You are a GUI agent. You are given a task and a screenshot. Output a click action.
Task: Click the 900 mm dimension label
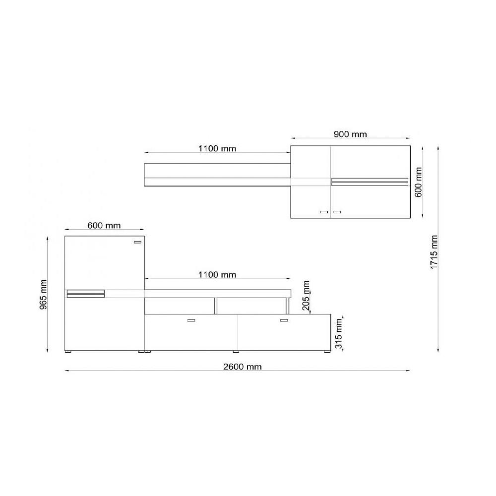(350, 134)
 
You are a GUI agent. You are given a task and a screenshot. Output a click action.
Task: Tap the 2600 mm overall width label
(243, 367)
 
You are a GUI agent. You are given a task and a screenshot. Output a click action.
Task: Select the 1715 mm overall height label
(434, 252)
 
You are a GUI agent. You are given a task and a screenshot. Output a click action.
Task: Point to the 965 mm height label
(43, 295)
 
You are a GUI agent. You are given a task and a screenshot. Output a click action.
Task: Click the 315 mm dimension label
(339, 334)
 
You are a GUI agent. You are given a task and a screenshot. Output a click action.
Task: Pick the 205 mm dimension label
(306, 296)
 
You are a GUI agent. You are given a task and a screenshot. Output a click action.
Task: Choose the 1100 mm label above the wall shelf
(217, 148)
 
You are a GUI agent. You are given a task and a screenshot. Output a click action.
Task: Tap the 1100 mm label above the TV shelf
(217, 275)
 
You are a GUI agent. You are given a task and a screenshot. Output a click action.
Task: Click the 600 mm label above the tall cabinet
(104, 226)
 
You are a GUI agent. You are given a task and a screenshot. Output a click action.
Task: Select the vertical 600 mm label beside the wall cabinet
(419, 182)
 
